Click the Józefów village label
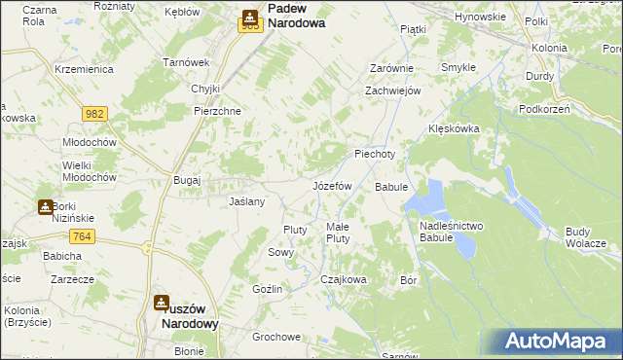click(331, 185)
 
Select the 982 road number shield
click(94, 114)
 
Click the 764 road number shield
click(82, 236)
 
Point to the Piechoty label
click(375, 154)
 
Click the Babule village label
click(390, 186)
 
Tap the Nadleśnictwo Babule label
click(451, 233)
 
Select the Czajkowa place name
click(344, 279)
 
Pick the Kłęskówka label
click(456, 128)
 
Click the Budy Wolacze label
click(586, 237)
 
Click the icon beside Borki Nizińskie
click(46, 206)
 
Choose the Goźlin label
click(267, 289)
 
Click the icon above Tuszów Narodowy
click(164, 303)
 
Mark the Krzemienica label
click(85, 70)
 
